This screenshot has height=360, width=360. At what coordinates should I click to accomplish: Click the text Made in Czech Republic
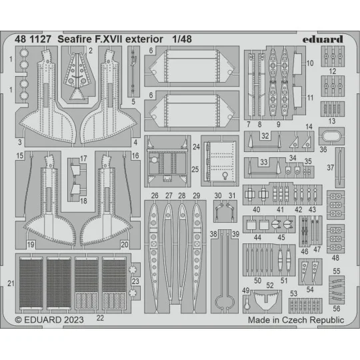(x=295, y=320)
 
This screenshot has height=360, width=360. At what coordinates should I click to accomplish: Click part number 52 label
(x=271, y=285)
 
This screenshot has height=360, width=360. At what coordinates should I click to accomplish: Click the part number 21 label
(x=10, y=283)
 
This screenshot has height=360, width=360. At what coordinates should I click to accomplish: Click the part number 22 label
(x=100, y=317)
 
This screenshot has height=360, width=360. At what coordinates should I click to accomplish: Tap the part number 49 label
(x=245, y=291)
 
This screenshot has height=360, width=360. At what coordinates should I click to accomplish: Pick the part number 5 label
(x=133, y=102)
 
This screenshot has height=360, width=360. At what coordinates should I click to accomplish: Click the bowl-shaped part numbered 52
(x=269, y=301)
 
